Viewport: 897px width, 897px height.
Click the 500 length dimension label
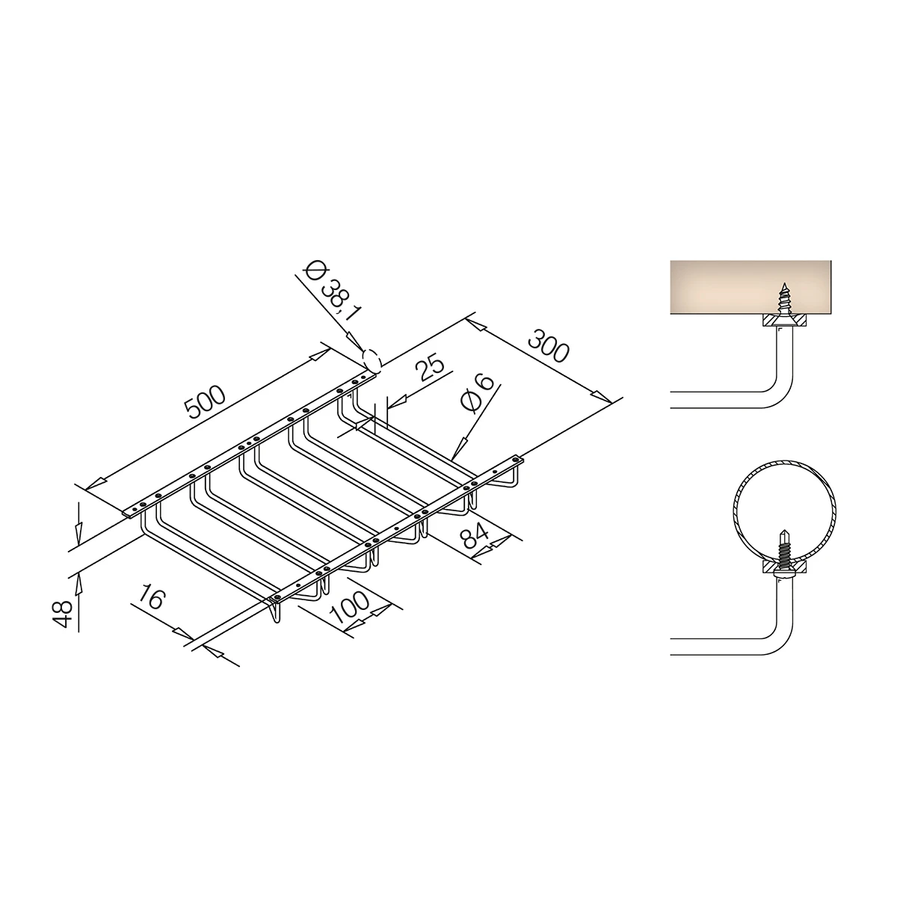click(x=206, y=402)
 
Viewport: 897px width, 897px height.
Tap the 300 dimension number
click(x=549, y=346)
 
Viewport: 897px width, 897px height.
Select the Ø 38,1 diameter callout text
click(x=332, y=291)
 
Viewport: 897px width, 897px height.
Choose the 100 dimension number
click(x=349, y=607)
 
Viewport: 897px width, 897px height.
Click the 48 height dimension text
click(x=64, y=614)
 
